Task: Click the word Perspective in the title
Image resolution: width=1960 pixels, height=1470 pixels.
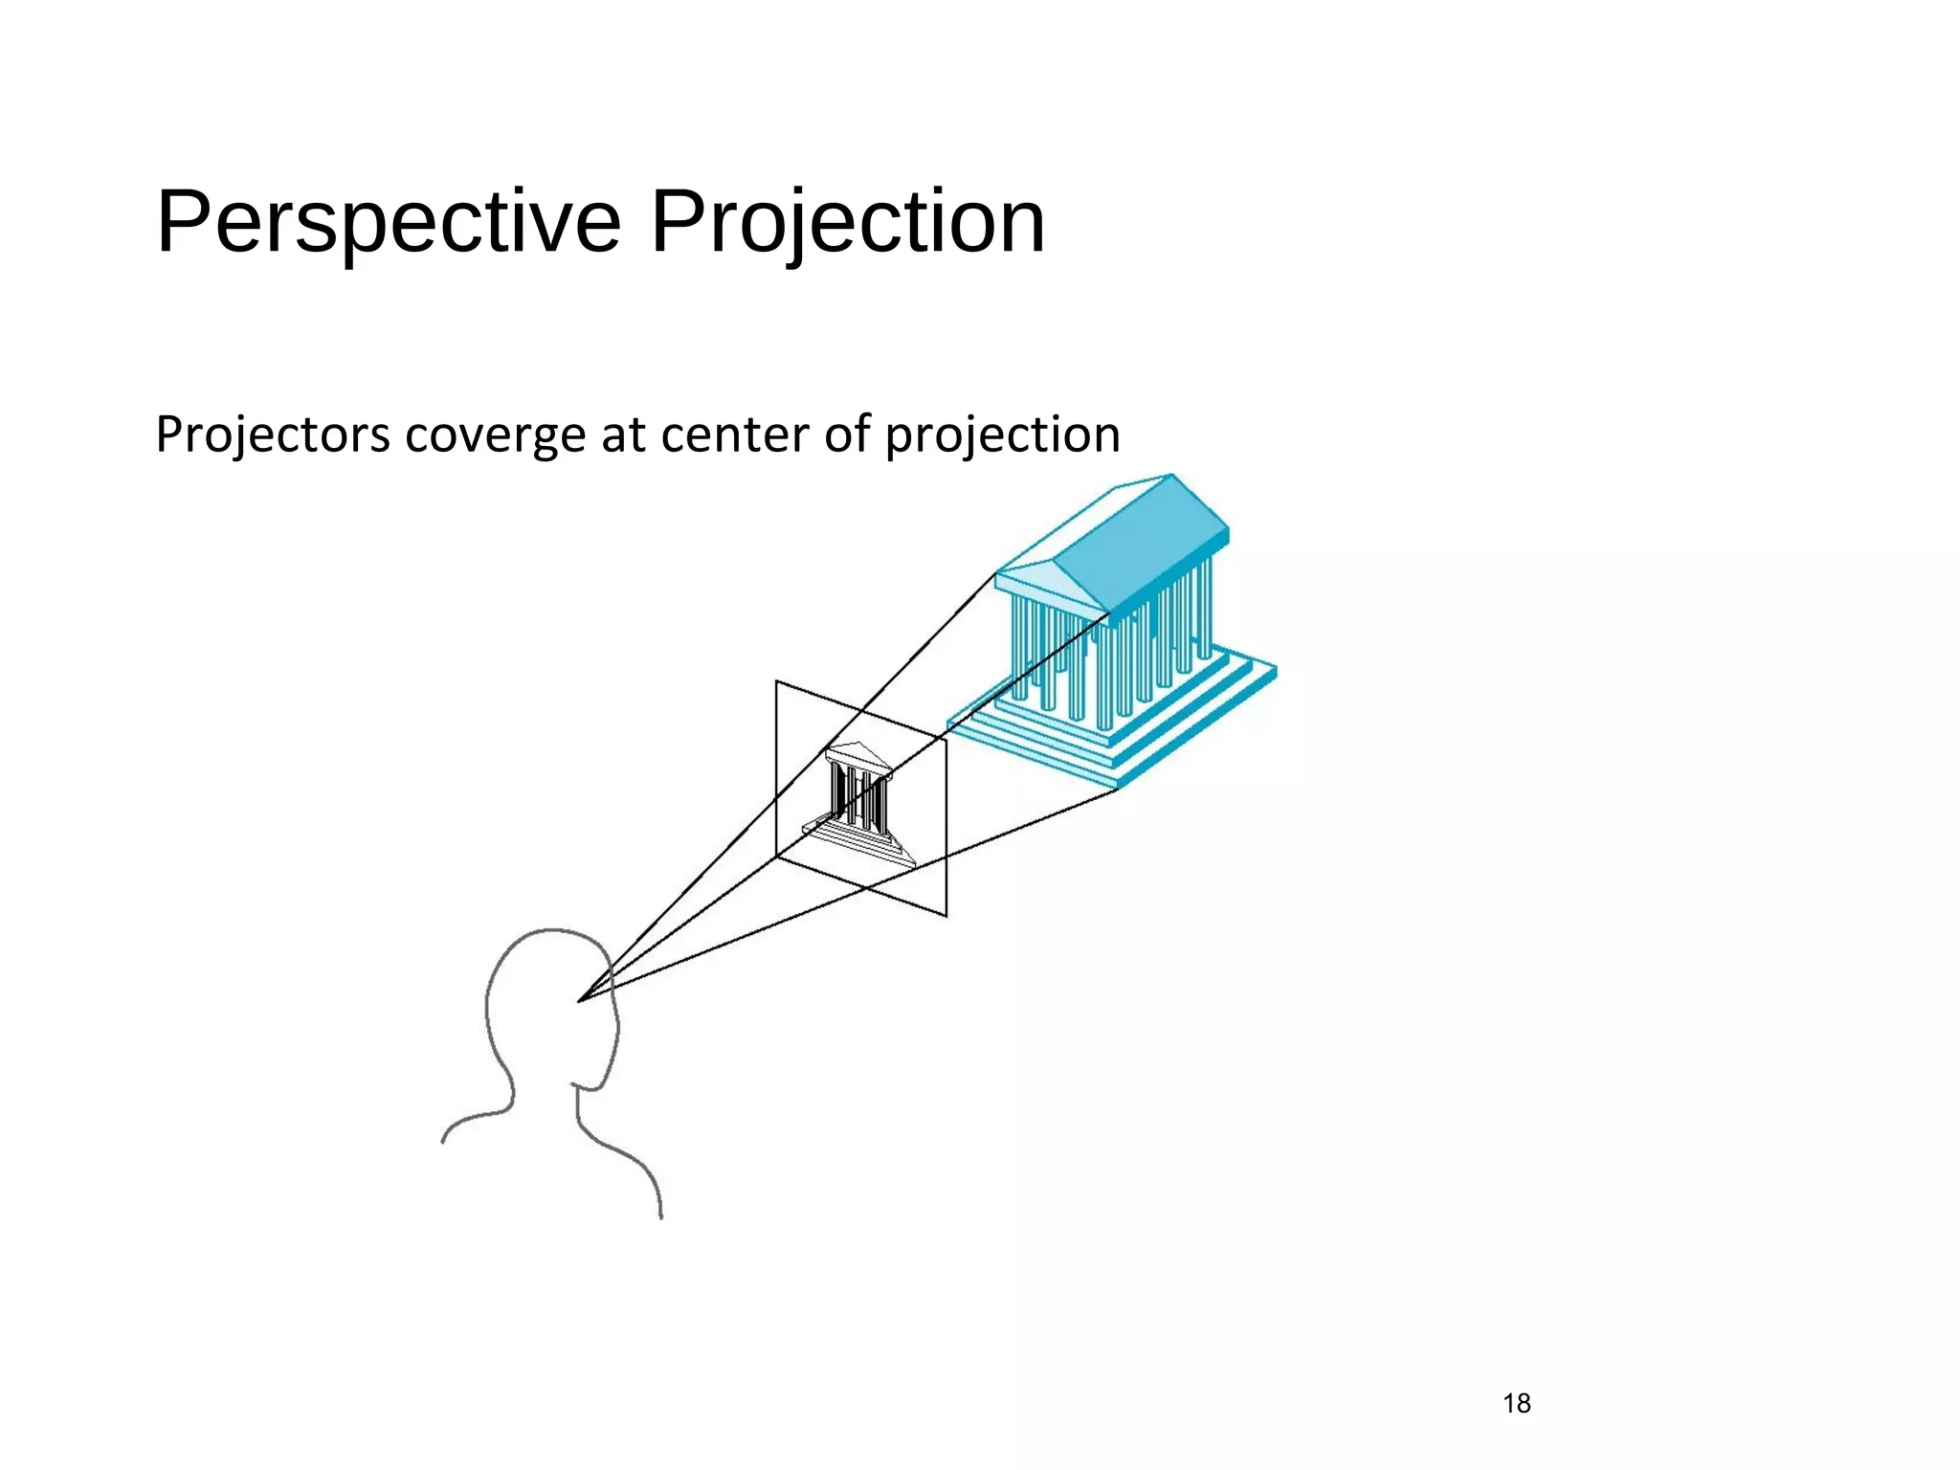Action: click(389, 223)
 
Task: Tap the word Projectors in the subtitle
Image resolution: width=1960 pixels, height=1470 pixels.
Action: click(272, 435)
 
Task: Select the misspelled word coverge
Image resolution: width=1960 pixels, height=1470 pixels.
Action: click(495, 435)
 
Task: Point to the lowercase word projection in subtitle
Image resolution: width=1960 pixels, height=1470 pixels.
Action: click(1002, 435)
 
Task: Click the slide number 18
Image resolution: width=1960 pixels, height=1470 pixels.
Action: click(1516, 1403)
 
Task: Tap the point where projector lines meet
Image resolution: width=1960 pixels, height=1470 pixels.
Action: click(579, 1001)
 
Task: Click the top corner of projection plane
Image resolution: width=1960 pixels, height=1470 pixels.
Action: click(776, 681)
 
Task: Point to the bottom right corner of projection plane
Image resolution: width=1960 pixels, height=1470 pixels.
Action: click(946, 916)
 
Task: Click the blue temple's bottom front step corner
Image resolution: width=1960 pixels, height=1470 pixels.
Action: click(1118, 788)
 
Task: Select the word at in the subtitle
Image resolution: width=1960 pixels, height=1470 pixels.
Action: click(623, 435)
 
